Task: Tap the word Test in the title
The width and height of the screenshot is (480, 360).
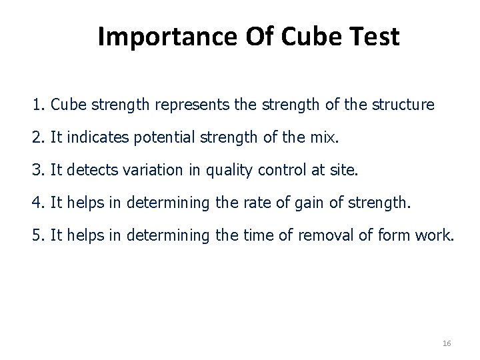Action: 374,37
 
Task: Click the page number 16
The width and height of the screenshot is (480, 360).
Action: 447,343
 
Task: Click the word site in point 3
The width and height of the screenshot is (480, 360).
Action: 345,170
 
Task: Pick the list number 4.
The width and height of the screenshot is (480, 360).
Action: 36,203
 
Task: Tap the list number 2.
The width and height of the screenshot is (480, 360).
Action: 36,138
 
